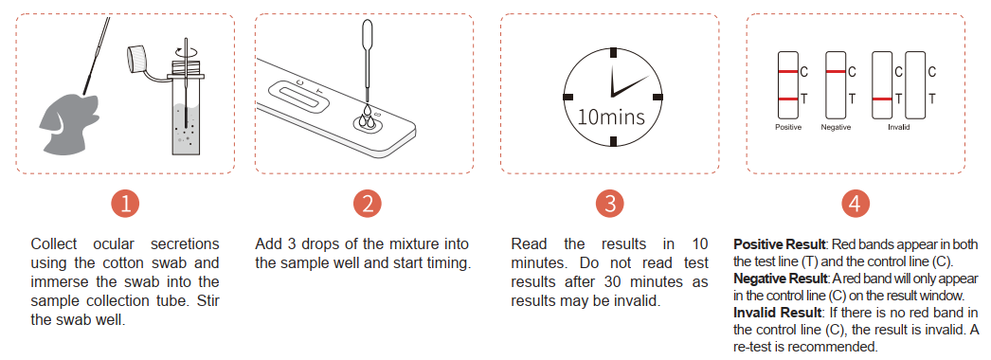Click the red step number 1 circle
pyautogui.click(x=124, y=204)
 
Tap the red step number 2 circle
pyautogui.click(x=368, y=204)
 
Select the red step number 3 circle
pyautogui.click(x=609, y=204)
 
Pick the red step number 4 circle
pyautogui.click(x=856, y=204)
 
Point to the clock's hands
pyautogui.click(x=623, y=84)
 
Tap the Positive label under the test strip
pyautogui.click(x=788, y=127)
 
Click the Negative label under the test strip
pyautogui.click(x=836, y=127)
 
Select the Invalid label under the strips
pyautogui.click(x=898, y=127)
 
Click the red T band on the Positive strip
pyautogui.click(x=788, y=99)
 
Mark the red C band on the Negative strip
pyautogui.click(x=836, y=71)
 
